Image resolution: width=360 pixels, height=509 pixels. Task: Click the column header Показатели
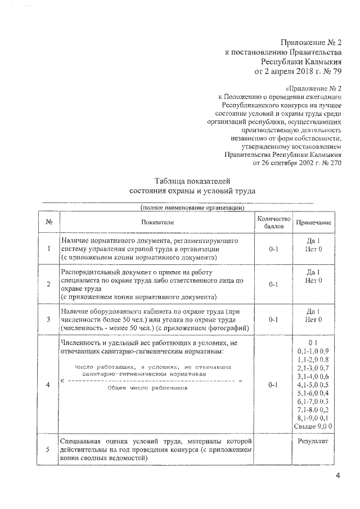click(158, 223)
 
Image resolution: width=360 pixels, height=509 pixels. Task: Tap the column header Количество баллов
click(273, 223)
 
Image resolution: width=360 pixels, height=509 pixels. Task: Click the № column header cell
click(49, 223)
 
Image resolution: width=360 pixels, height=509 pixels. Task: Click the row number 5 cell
click(49, 449)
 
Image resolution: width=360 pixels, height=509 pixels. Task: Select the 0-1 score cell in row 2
click(273, 284)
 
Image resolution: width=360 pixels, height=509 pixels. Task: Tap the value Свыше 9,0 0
click(313, 426)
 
